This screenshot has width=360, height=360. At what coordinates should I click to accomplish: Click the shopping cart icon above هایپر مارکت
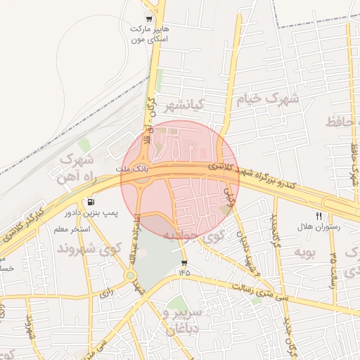pos(148,19)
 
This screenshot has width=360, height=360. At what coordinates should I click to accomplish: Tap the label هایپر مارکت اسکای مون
pos(148,34)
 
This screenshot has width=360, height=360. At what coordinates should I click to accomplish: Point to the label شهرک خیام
pos(269,98)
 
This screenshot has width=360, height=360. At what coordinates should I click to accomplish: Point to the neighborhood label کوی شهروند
pos(81,249)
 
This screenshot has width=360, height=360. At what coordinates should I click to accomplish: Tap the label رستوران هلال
pos(318,228)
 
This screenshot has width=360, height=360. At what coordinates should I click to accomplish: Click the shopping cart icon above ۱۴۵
pos(184,263)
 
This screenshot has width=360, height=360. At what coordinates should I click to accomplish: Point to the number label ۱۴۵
pos(184,272)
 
